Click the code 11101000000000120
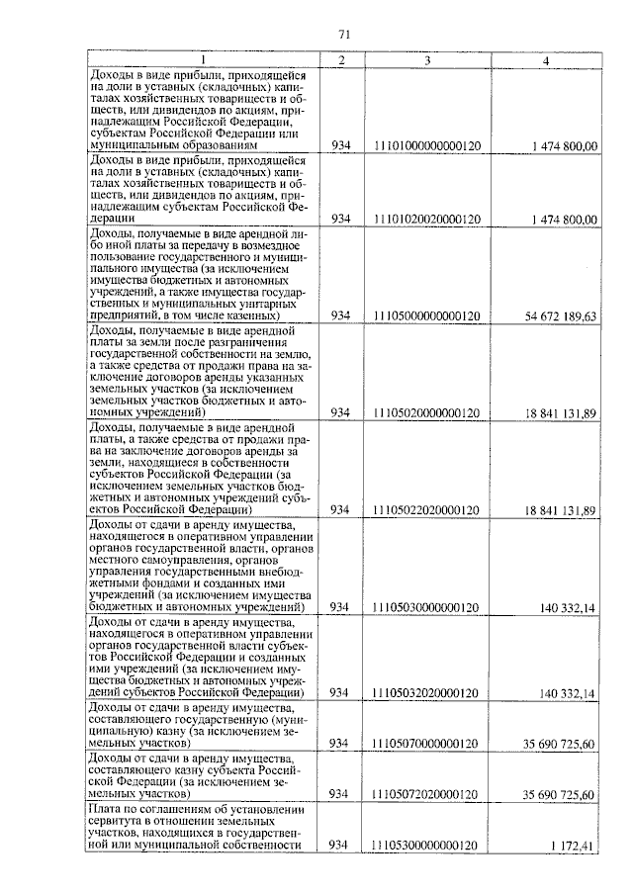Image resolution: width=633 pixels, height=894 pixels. tap(427, 146)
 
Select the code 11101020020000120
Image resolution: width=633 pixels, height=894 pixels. tap(427, 219)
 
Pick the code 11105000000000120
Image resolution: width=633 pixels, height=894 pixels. tap(427, 315)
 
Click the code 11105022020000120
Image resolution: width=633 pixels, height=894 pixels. tap(427, 509)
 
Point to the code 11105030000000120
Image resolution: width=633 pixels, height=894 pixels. tap(427, 606)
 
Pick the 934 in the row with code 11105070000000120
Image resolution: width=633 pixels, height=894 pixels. tap(339, 743)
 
